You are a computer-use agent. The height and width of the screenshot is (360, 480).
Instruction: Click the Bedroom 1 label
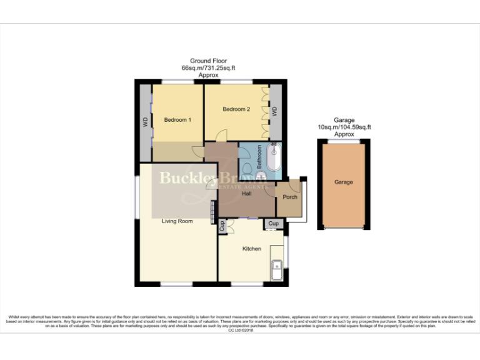click(x=177, y=119)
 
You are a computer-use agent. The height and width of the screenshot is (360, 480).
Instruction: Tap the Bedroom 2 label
click(x=236, y=109)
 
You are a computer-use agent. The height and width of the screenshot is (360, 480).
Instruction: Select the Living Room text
click(x=177, y=221)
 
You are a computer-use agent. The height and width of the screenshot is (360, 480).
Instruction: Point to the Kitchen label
click(x=251, y=249)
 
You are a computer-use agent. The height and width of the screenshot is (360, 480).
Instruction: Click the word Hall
click(x=247, y=194)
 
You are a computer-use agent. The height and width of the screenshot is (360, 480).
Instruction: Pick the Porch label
click(x=289, y=197)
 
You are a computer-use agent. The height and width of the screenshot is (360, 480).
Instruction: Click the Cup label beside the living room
click(x=221, y=227)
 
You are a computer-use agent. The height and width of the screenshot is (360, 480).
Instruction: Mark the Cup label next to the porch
click(x=273, y=222)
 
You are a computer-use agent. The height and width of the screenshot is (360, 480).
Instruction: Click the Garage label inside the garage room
click(x=343, y=182)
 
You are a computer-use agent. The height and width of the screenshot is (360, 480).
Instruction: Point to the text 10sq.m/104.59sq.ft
click(x=344, y=127)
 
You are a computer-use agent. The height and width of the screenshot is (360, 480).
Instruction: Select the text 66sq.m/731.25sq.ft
click(x=208, y=68)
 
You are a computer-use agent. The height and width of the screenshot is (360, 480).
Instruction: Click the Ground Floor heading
click(x=208, y=61)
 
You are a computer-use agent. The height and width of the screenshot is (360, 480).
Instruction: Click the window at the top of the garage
click(x=344, y=141)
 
